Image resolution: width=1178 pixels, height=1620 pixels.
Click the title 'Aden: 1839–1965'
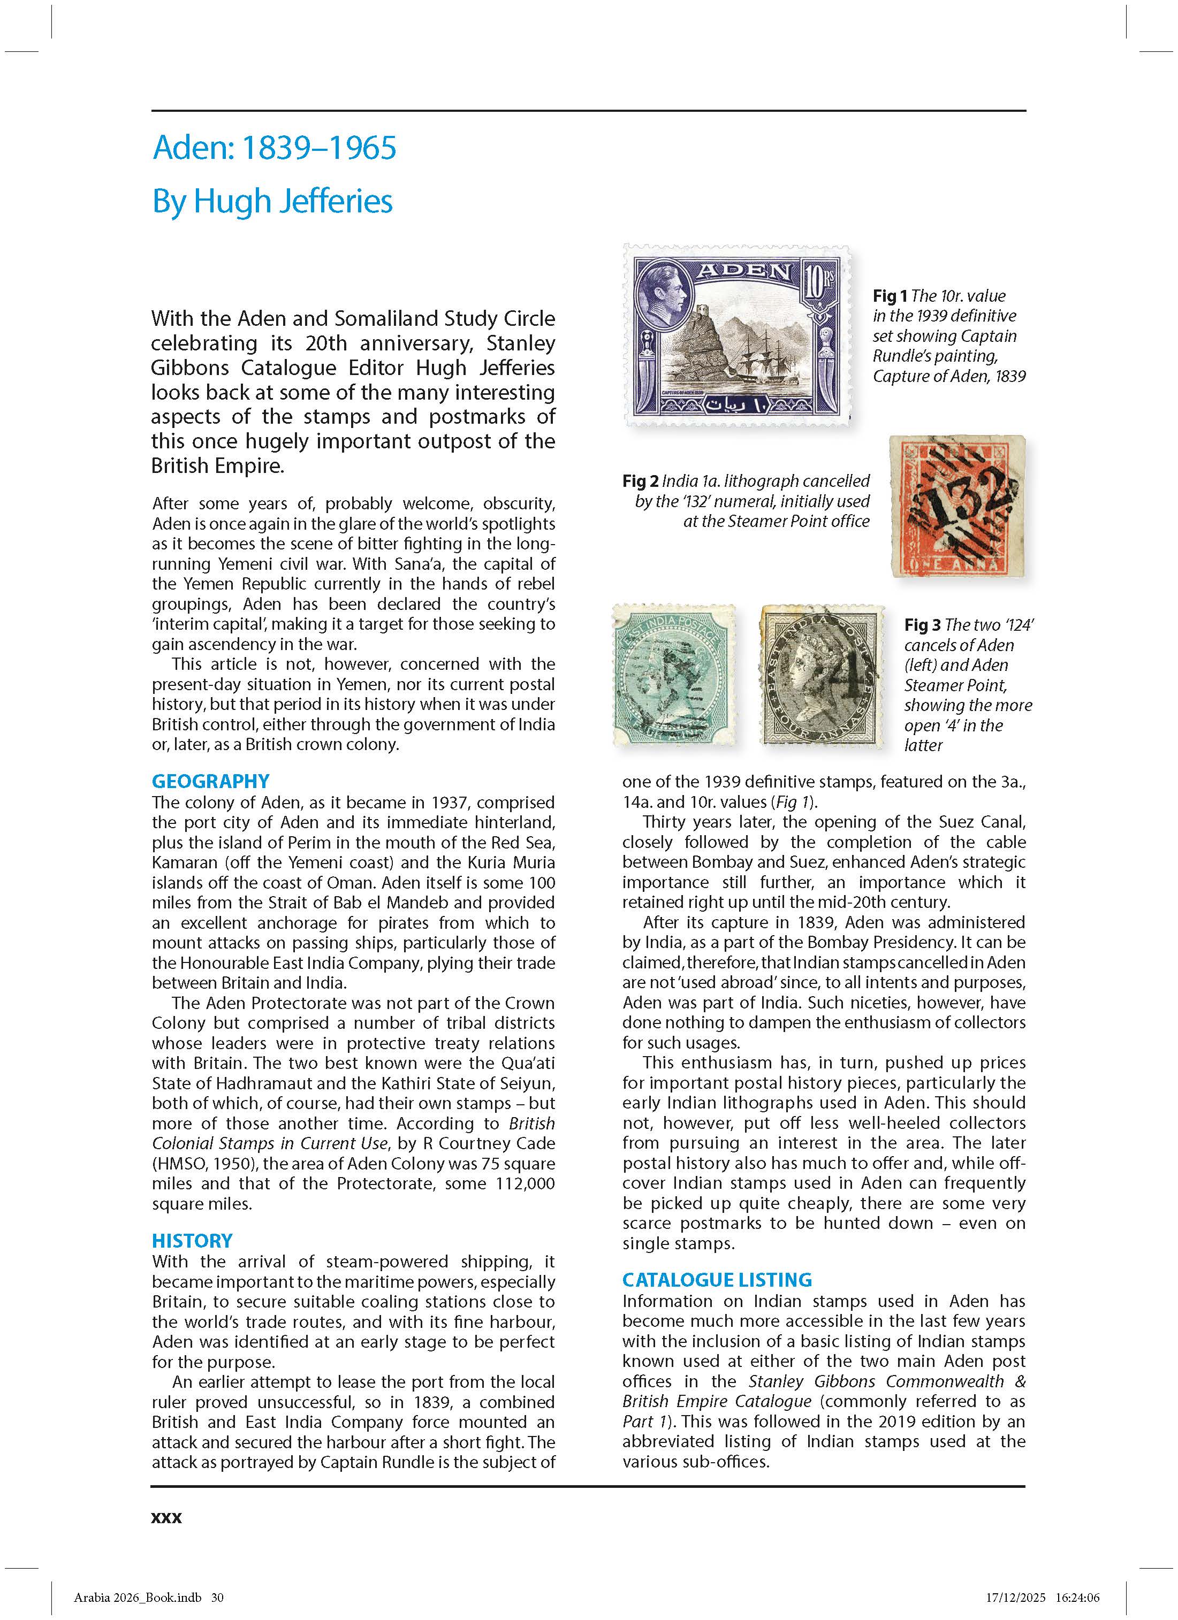[275, 148]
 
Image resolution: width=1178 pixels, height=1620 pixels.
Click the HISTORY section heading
[192, 1241]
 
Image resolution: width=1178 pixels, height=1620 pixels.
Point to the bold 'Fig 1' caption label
[890, 296]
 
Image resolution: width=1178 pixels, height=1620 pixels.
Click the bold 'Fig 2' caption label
[640, 481]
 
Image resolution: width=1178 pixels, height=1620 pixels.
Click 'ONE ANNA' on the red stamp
[957, 566]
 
